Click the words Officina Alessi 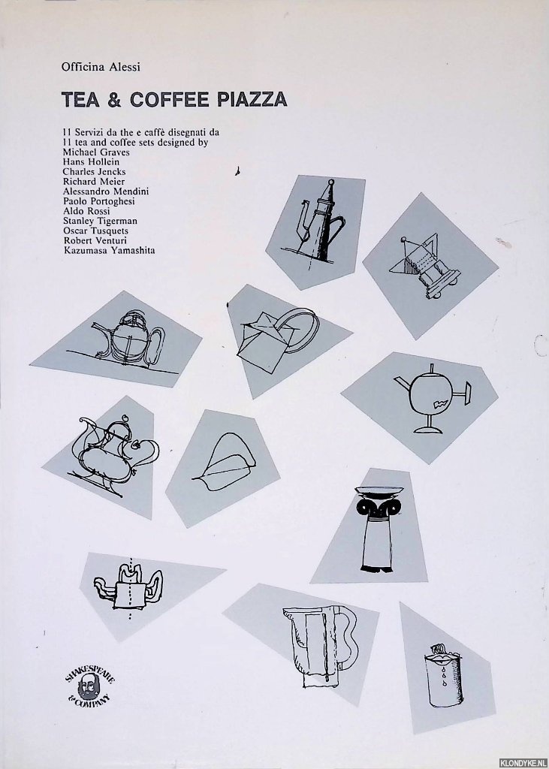tap(101, 67)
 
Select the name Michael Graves tap(96, 152)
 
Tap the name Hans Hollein tap(91, 162)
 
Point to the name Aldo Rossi tap(86, 211)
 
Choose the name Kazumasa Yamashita tap(109, 250)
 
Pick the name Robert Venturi tap(95, 240)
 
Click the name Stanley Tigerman tap(100, 221)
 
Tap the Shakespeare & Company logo tap(90, 685)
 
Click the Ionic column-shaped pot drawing tap(379, 529)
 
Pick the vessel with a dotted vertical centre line tap(128, 588)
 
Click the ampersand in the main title tap(114, 100)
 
